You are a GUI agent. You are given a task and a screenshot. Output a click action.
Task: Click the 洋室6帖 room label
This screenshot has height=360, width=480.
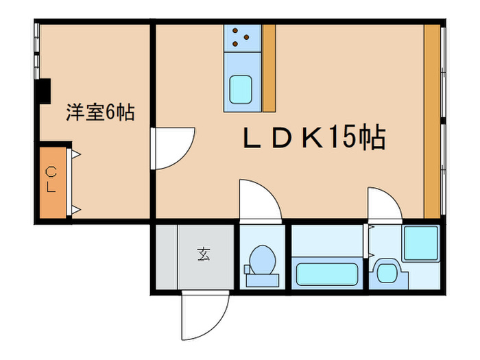coord(100,112)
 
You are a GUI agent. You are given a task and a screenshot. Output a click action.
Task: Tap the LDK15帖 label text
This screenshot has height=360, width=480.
coord(314,137)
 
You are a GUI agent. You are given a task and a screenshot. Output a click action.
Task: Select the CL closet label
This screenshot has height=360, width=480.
coord(51,180)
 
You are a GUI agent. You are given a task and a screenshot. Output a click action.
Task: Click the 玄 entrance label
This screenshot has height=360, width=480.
coord(204,254)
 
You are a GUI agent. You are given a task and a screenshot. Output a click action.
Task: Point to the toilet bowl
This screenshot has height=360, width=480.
coord(263,261)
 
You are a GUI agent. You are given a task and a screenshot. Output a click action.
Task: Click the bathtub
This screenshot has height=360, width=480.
coord(327,274)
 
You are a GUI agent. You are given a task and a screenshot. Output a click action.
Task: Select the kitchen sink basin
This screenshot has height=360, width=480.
coord(241,90)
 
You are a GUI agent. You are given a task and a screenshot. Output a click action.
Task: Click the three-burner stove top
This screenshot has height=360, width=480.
coord(243,38)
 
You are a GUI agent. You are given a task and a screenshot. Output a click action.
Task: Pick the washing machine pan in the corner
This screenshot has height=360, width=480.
coord(421,243)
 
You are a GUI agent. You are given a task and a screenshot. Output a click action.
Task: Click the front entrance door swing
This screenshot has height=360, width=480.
coord(204,315)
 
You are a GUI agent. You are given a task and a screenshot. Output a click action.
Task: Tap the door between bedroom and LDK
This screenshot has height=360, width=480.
coord(173,148)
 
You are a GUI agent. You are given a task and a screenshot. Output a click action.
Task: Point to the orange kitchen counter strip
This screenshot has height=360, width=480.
coord(269,69)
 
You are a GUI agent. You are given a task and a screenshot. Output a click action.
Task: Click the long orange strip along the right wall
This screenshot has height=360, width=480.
coord(432,121)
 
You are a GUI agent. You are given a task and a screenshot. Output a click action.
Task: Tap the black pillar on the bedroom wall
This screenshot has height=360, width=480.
coord(43,91)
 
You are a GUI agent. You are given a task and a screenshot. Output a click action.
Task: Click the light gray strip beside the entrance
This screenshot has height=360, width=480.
coord(167,257)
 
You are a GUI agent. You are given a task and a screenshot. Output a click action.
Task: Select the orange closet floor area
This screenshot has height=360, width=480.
coord(53,183)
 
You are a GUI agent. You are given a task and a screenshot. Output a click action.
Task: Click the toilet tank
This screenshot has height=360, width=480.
coord(263,280)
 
